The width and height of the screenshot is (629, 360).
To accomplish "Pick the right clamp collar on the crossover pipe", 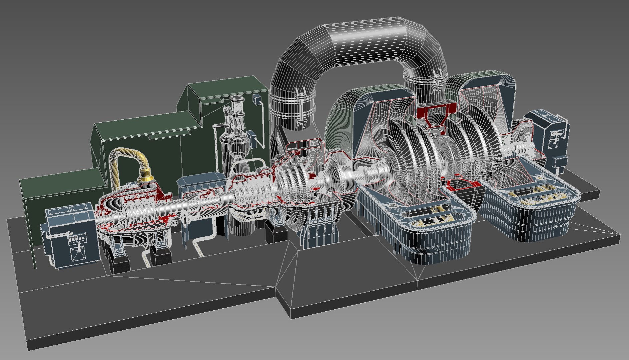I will (425, 80).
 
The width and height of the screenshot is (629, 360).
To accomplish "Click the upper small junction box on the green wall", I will (257, 99).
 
